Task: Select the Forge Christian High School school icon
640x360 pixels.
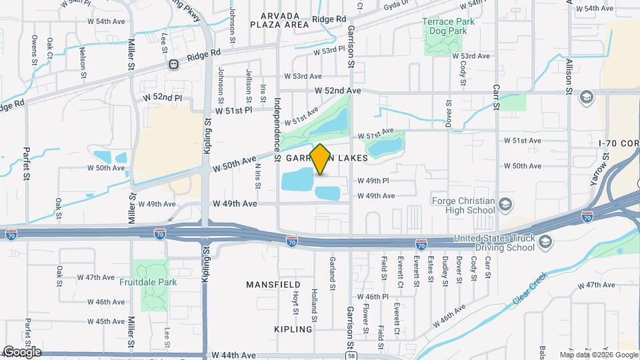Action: coord(506,204)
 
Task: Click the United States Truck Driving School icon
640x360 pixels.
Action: coord(546,241)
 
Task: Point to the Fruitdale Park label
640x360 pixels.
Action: coord(148,282)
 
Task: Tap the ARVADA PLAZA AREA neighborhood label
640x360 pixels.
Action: coord(279,20)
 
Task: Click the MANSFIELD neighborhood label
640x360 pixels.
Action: coord(269,285)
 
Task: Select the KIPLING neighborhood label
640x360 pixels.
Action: coord(293,329)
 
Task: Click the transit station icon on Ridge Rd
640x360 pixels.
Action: coord(173,65)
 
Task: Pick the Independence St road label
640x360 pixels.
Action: coord(277,123)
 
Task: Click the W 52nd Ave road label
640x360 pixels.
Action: coord(338,90)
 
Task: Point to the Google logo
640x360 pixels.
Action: coord(22,351)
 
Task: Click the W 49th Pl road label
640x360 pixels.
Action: coord(373,181)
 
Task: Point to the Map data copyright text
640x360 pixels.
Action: coord(598,355)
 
